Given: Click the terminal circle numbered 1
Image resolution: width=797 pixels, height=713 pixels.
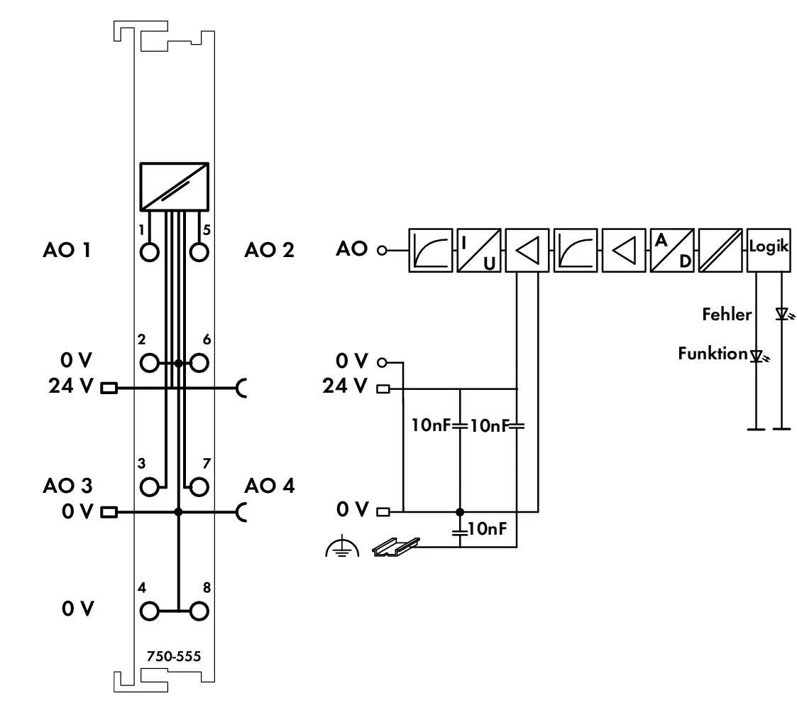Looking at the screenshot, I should [149, 252].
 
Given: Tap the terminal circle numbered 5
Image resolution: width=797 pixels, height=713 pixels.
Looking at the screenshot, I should [200, 252].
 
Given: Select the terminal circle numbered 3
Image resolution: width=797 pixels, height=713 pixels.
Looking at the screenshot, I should [149, 487].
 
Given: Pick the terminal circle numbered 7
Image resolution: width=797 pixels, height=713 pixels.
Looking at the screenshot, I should [200, 487].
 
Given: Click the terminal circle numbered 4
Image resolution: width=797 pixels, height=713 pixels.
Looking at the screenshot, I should [149, 610].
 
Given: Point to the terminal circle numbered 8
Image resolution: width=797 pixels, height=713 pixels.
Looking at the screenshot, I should [200, 610].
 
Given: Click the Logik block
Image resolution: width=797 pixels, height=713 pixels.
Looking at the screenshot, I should [768, 250].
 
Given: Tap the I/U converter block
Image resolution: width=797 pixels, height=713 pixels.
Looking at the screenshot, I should [479, 250].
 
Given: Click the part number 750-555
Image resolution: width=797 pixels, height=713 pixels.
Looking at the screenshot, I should [174, 656].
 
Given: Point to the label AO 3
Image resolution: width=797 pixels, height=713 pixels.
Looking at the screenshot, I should [67, 486].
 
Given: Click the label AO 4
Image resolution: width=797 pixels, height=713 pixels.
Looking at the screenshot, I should [270, 486].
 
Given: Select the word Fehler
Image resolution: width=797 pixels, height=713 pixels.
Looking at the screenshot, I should [727, 314].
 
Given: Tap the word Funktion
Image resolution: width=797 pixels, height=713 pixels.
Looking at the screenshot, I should [713, 354].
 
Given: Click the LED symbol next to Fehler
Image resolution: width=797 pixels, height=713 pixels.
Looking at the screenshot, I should [782, 314].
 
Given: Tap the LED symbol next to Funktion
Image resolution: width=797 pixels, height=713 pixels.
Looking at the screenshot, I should [757, 354].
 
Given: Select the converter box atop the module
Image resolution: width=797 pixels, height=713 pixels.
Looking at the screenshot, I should [175, 187].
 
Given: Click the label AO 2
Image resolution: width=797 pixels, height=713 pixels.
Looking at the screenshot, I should [270, 250].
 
